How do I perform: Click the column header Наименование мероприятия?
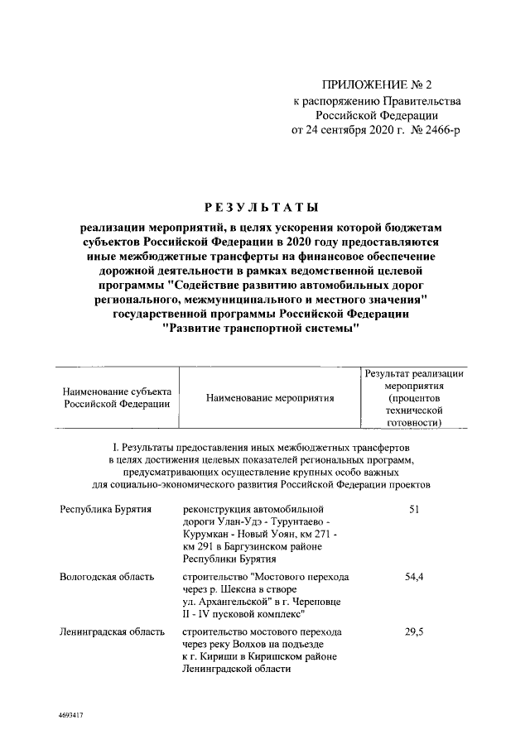266,398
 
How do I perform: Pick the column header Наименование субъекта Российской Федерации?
117,397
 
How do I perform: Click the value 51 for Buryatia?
414,508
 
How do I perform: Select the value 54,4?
414,575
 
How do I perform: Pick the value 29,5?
414,631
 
